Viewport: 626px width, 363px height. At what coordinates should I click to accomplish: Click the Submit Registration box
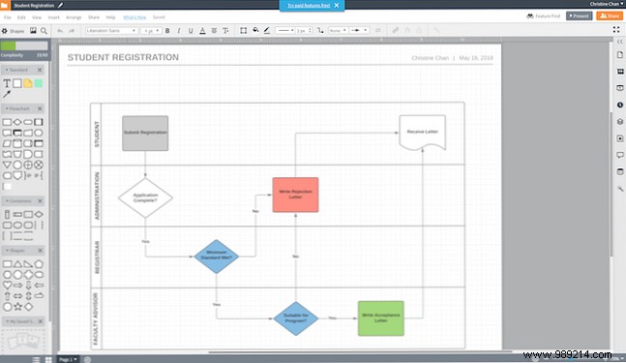click(x=145, y=133)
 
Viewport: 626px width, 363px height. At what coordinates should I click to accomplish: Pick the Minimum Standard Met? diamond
click(x=217, y=257)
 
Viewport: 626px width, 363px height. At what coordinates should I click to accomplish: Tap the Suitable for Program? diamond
click(x=295, y=317)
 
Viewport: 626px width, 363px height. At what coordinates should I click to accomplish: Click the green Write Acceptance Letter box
click(x=380, y=317)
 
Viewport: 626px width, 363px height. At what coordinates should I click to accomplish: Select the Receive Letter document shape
click(x=422, y=132)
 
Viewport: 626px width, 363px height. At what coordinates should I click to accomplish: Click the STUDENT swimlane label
click(x=97, y=133)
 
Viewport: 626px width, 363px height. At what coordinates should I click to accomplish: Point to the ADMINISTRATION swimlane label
click(x=97, y=196)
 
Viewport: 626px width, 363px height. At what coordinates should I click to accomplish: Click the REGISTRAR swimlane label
click(x=97, y=257)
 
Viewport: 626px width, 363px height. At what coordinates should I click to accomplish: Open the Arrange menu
click(x=74, y=17)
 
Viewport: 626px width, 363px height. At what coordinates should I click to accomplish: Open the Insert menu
click(x=54, y=17)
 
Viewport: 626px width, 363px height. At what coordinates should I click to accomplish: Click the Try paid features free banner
click(x=306, y=5)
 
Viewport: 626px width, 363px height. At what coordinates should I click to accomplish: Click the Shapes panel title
click(x=16, y=30)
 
